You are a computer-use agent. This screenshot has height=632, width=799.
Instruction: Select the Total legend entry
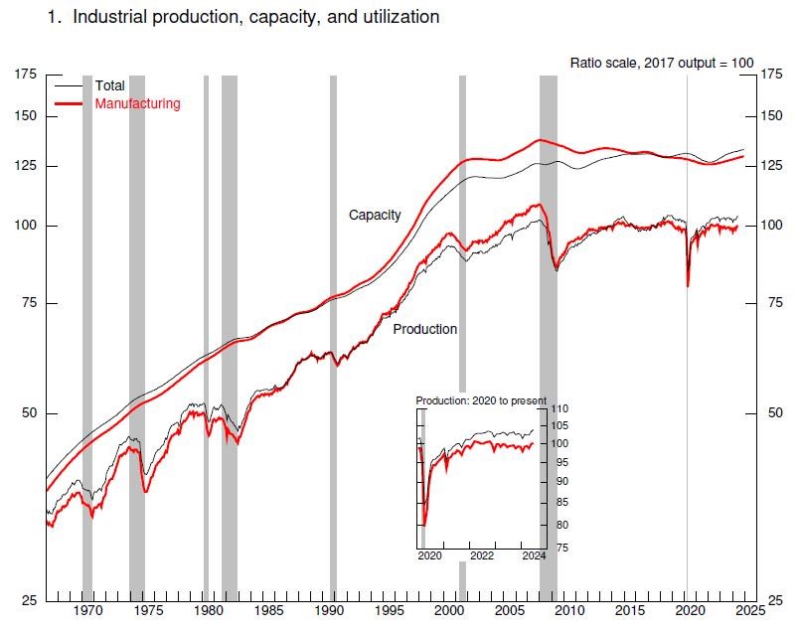coord(109,86)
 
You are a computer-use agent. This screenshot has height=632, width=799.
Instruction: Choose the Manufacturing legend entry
coord(137,103)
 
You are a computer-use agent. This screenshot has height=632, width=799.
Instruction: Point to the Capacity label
coord(375,215)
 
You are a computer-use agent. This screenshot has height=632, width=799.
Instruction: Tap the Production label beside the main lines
coord(425,329)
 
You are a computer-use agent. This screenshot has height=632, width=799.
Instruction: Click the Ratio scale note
coord(662,63)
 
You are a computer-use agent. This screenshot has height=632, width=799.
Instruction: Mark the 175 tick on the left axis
coord(26,75)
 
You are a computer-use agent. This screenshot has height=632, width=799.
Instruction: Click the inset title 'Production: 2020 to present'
coord(481,400)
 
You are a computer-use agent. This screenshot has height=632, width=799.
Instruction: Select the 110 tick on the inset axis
coord(559,409)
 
